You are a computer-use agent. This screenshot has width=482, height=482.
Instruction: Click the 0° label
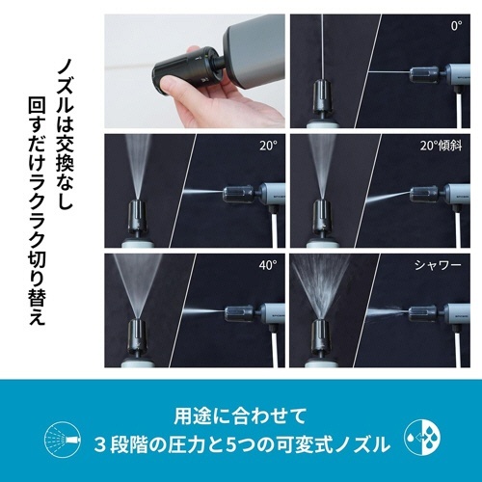point(456,26)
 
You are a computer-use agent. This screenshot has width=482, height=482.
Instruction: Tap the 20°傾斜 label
point(441,146)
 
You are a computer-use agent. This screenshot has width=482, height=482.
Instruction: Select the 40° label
point(268,265)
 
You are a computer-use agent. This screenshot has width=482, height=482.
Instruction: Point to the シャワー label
point(438,265)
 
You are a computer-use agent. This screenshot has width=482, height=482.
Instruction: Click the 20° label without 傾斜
point(268,146)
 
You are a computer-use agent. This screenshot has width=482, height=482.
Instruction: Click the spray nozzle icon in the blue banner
point(63,439)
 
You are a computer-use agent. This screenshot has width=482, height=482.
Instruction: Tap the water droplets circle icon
point(422,437)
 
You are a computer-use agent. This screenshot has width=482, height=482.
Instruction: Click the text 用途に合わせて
point(240,416)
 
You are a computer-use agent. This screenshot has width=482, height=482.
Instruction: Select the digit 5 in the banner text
point(230,445)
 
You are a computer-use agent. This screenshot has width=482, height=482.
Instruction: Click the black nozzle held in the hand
point(186,71)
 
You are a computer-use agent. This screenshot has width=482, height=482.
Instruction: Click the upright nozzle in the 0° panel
point(322,96)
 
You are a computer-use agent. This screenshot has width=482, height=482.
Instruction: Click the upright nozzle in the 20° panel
point(138,216)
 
